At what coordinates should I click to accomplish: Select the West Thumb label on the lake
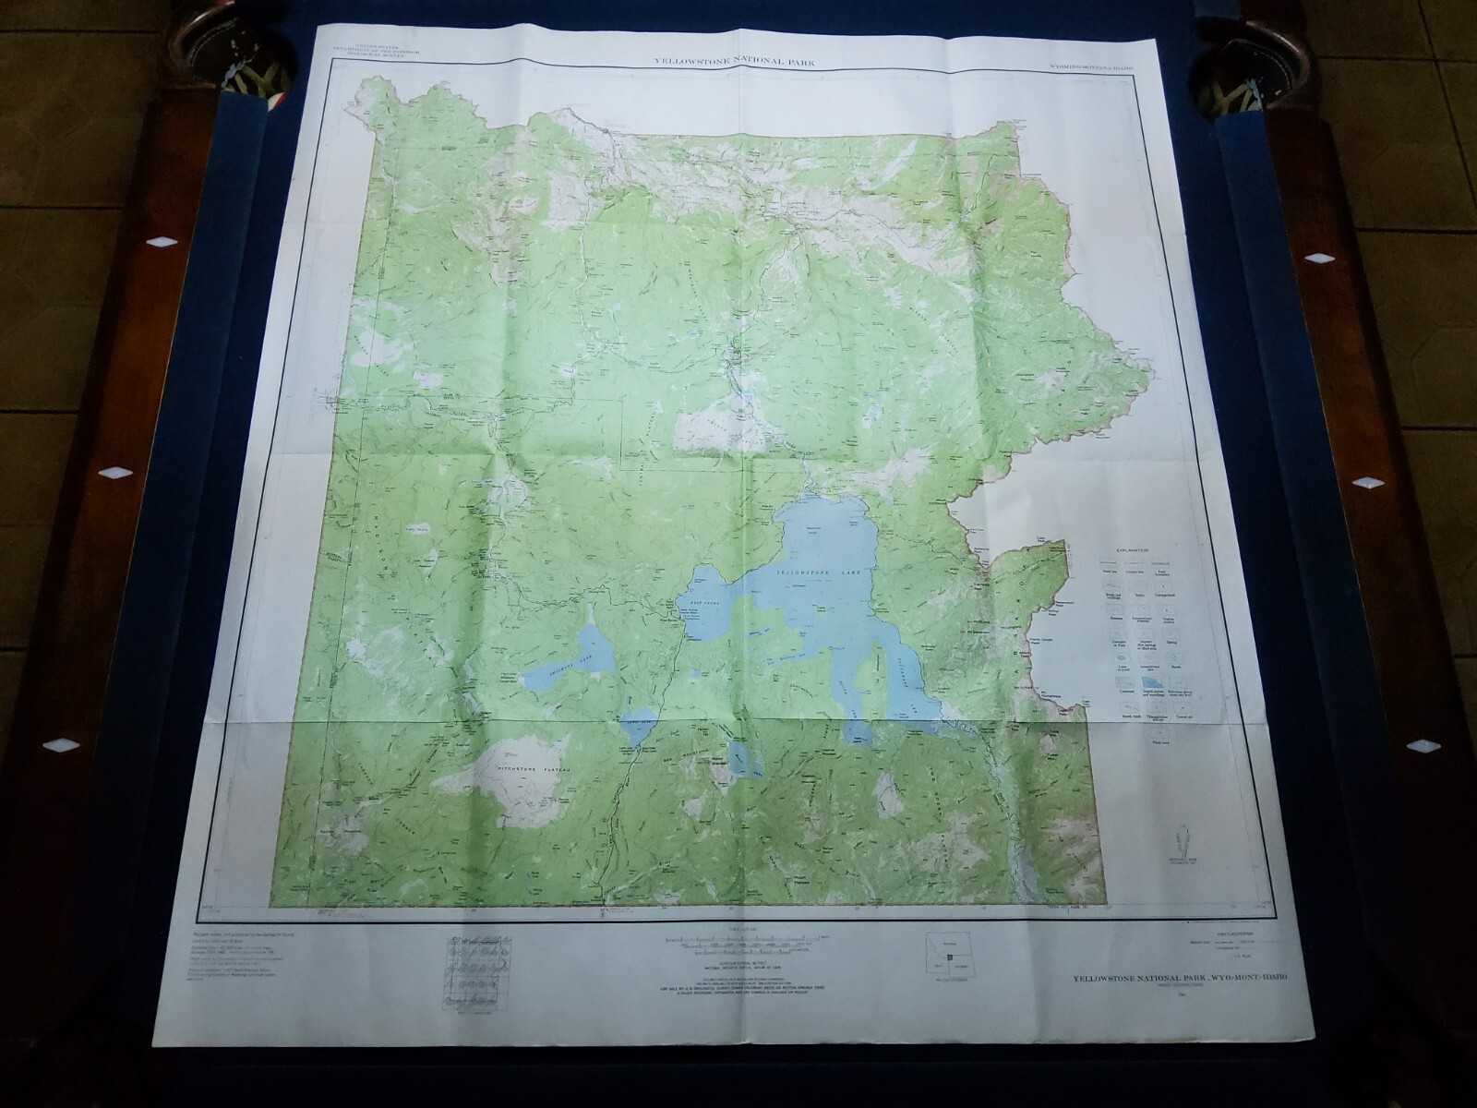click(x=700, y=599)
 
